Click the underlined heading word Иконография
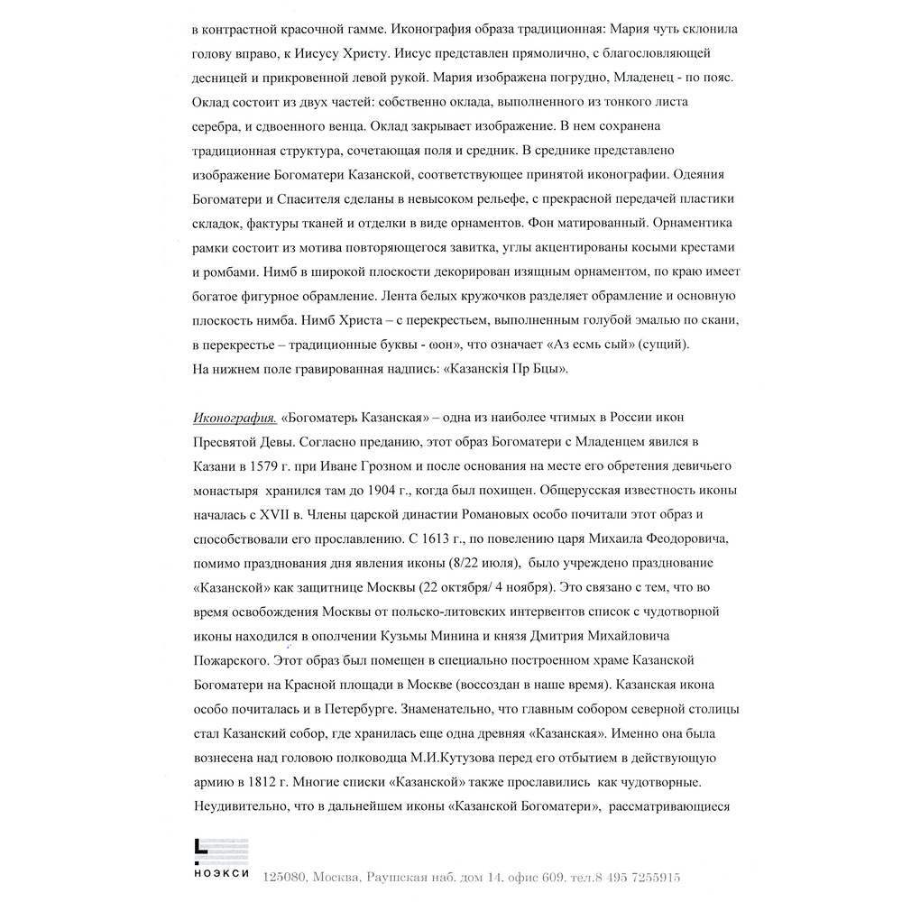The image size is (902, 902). coord(235,419)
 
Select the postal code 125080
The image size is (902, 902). coord(286,876)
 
